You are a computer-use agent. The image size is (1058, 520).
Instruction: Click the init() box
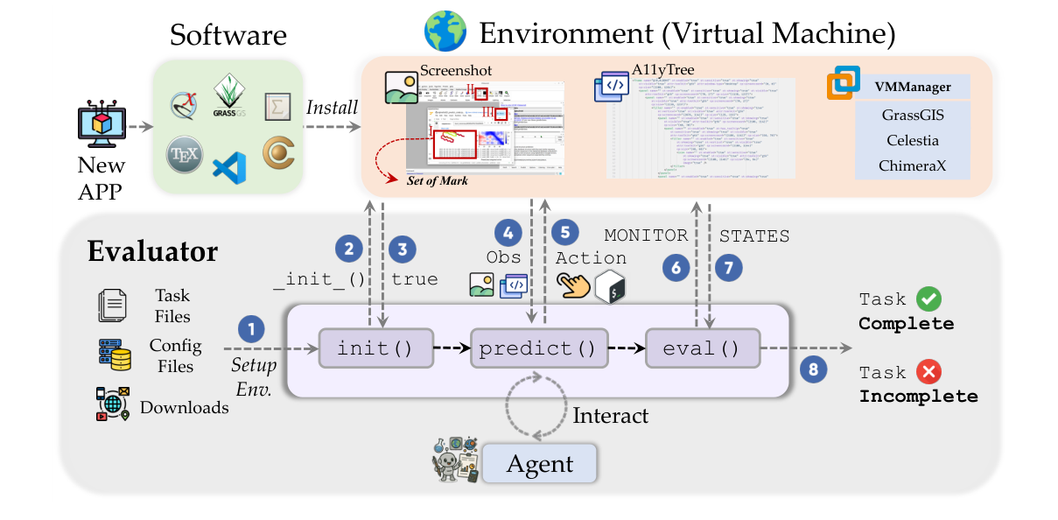coord(375,348)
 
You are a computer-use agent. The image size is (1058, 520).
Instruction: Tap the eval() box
coord(701,348)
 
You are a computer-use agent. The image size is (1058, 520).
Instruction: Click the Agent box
coord(539,463)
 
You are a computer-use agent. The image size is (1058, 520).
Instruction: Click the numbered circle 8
coord(814,369)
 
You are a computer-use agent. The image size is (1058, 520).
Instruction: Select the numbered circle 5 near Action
coord(564,233)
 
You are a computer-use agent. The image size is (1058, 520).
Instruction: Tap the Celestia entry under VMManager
coord(912,140)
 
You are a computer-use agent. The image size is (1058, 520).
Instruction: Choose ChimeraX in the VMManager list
coord(912,165)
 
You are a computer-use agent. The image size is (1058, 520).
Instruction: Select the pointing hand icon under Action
coord(574,285)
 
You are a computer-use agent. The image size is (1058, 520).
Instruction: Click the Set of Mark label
coord(438,180)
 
